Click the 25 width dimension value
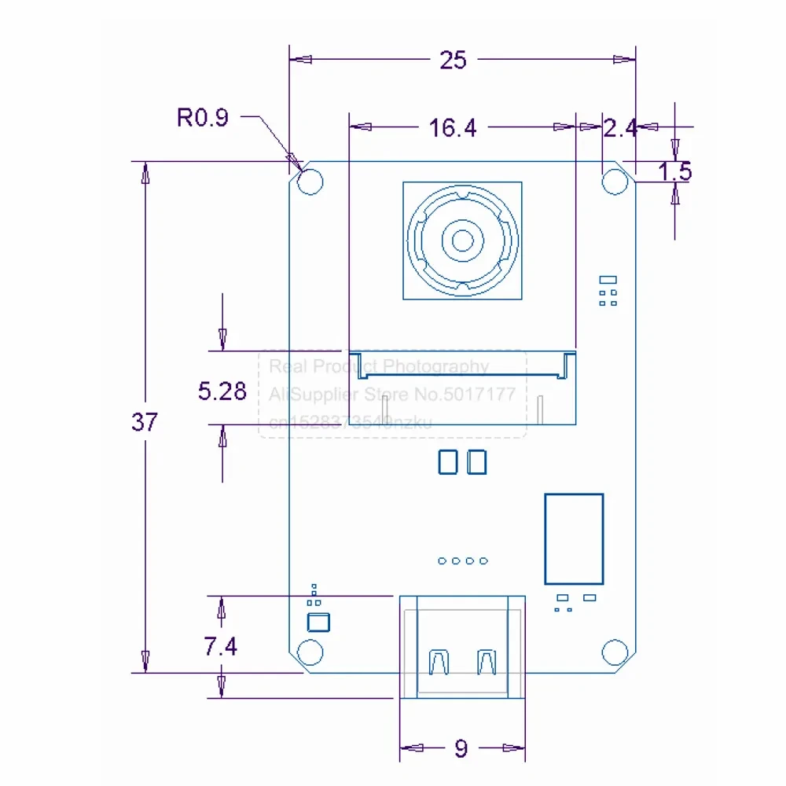454,60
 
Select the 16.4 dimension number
453,128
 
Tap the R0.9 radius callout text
202,118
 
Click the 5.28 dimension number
222,391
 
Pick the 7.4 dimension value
221,646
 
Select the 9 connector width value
461,748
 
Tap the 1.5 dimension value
674,171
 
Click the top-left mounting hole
311,182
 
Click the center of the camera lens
462,240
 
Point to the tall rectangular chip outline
574,538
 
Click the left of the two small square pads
447,462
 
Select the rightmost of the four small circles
484,560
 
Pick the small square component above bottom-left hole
318,623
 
